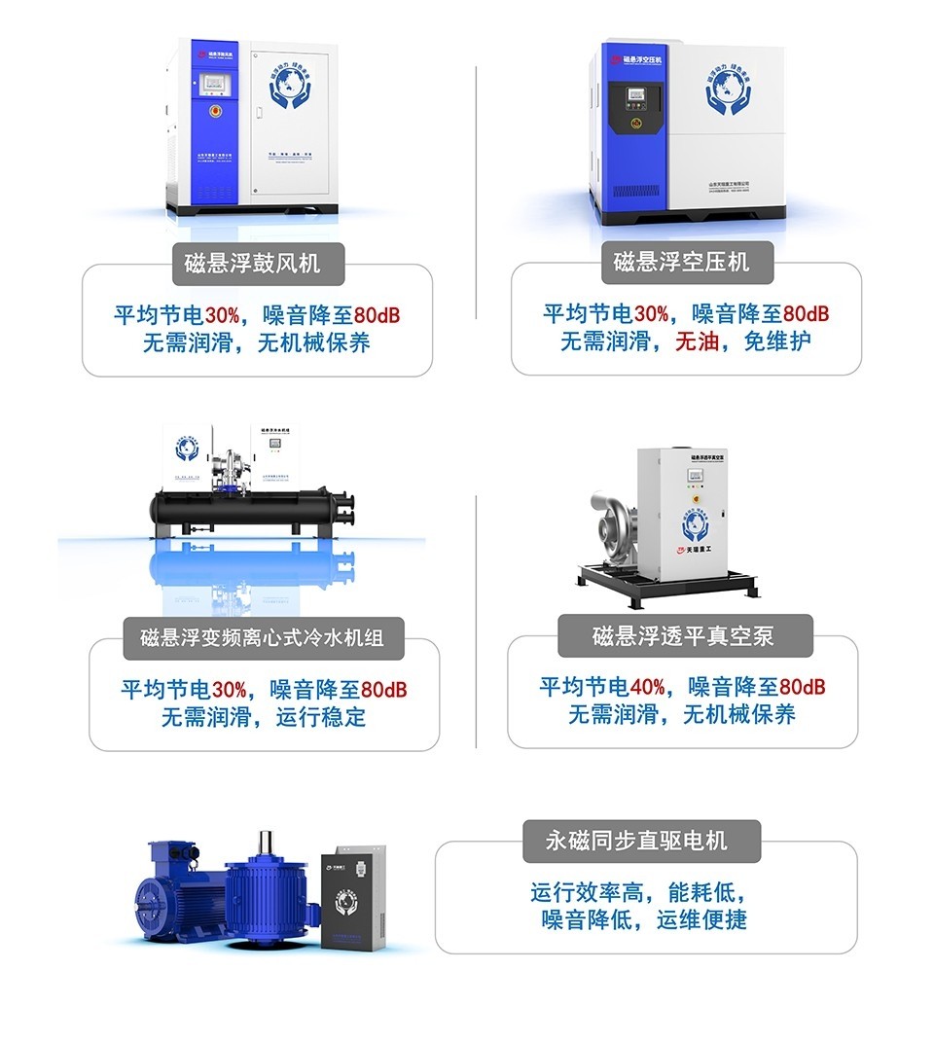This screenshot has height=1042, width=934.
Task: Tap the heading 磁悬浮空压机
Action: tap(681, 262)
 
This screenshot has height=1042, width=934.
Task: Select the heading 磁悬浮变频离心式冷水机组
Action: tap(262, 637)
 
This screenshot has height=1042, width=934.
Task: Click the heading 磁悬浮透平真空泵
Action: tap(683, 636)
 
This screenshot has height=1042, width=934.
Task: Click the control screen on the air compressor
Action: tap(638, 97)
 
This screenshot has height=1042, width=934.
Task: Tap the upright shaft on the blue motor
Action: tap(265, 844)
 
